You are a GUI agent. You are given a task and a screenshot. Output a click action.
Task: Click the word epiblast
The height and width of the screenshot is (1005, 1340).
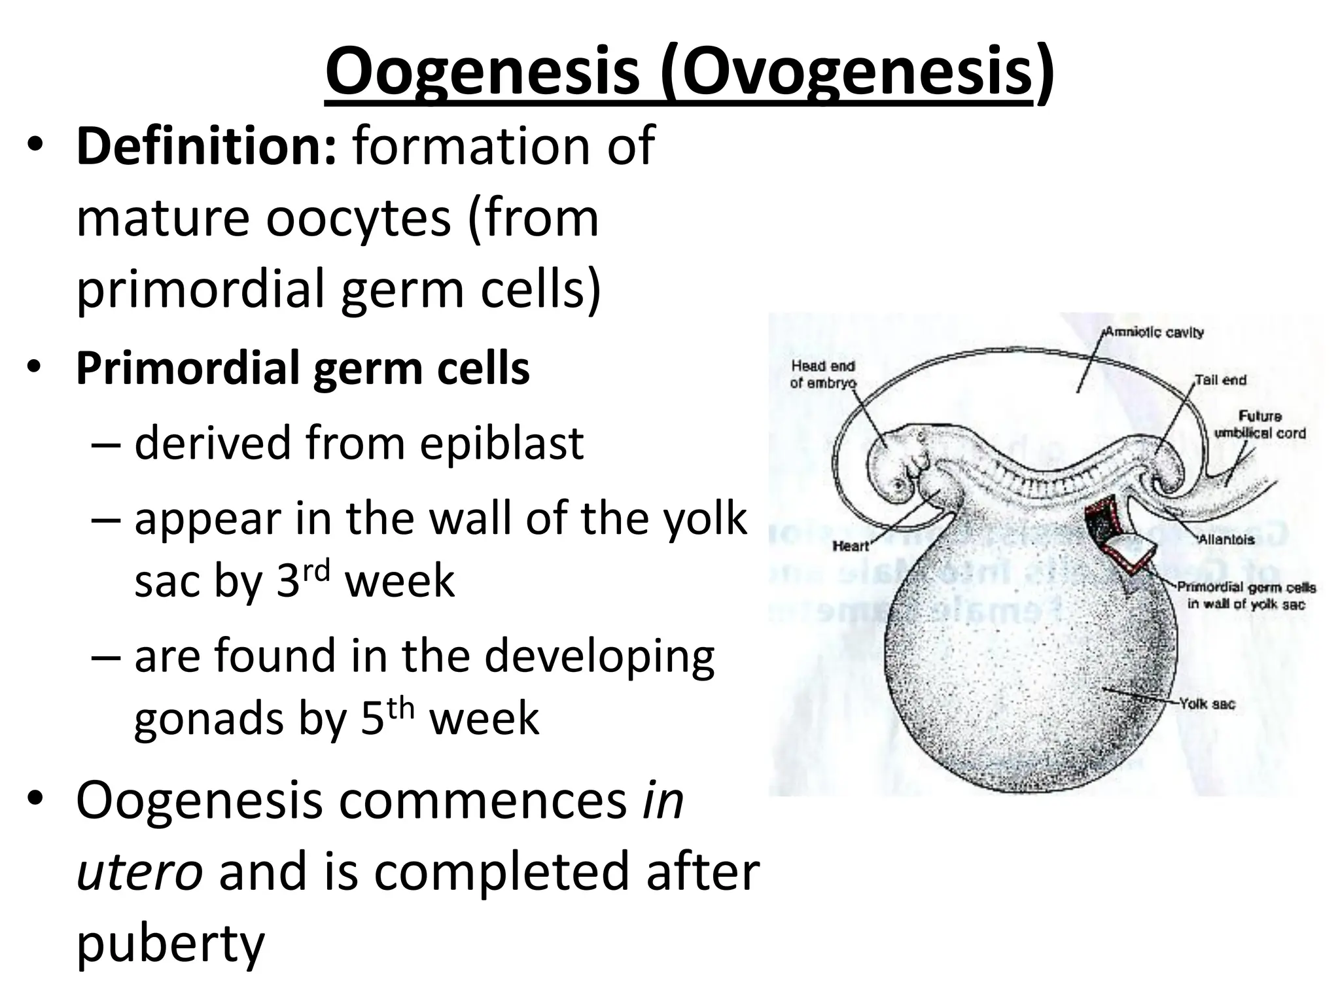pyautogui.click(x=501, y=444)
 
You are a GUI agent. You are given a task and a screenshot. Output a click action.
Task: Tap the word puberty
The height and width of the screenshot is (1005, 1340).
pyautogui.click(x=170, y=945)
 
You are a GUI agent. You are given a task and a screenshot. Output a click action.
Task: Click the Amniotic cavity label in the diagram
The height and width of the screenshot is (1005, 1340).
pyautogui.click(x=1154, y=332)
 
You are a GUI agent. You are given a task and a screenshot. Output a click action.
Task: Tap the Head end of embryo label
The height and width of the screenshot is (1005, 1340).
pyautogui.click(x=822, y=374)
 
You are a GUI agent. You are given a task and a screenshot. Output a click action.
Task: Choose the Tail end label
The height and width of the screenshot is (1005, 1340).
pyautogui.click(x=1220, y=380)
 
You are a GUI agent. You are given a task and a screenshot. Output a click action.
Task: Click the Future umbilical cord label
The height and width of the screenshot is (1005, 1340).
pyautogui.click(x=1260, y=425)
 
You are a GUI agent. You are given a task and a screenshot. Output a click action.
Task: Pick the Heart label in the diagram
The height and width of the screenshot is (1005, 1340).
pyautogui.click(x=850, y=546)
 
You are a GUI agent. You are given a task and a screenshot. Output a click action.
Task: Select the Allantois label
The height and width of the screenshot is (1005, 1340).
pyautogui.click(x=1227, y=540)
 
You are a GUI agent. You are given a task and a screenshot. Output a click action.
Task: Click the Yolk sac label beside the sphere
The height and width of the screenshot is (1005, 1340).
pyautogui.click(x=1207, y=704)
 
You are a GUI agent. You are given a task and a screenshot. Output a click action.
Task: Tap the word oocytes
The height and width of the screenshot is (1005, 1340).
pyautogui.click(x=358, y=219)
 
